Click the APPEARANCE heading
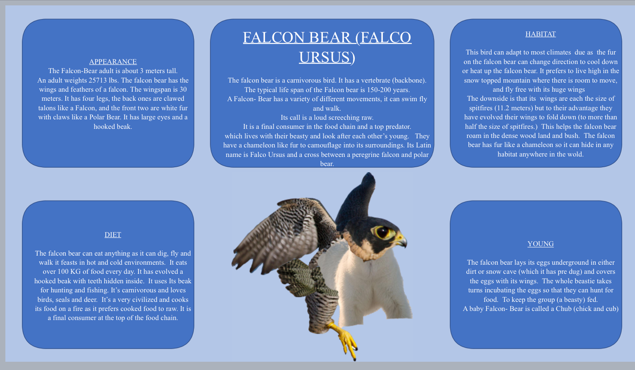(113, 62)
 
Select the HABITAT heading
(540, 34)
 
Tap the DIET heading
(113, 235)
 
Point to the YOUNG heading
(540, 244)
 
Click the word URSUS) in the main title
(327, 57)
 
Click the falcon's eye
(383, 232)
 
